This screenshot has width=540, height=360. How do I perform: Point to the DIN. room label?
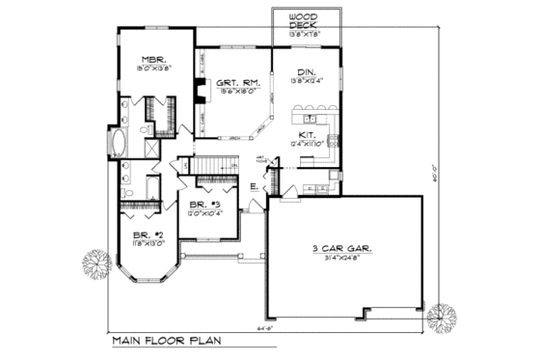click(x=305, y=70)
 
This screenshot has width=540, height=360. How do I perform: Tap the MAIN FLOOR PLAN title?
click(x=165, y=341)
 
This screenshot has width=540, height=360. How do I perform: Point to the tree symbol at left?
click(x=96, y=261)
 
